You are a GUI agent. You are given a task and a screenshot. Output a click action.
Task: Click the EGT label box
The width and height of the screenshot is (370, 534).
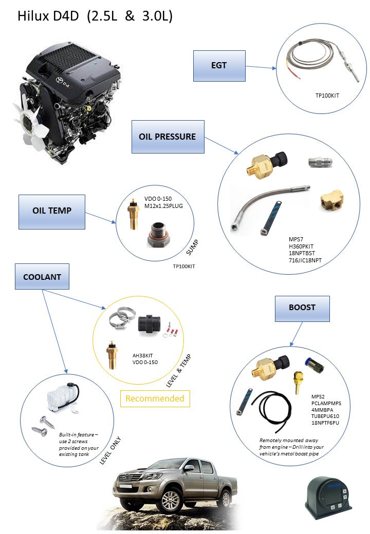coord(219,66)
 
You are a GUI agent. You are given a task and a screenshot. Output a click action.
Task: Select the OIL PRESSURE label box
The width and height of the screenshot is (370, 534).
coord(168,137)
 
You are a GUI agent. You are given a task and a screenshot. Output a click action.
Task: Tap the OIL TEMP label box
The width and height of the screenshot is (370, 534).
coord(52,211)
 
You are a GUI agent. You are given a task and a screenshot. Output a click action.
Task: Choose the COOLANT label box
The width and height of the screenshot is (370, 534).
coord(42,277)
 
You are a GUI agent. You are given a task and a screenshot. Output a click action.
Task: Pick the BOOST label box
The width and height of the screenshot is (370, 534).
coord(302,308)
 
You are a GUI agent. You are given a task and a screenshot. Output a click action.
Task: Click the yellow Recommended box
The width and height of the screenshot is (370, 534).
coord(155,398)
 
